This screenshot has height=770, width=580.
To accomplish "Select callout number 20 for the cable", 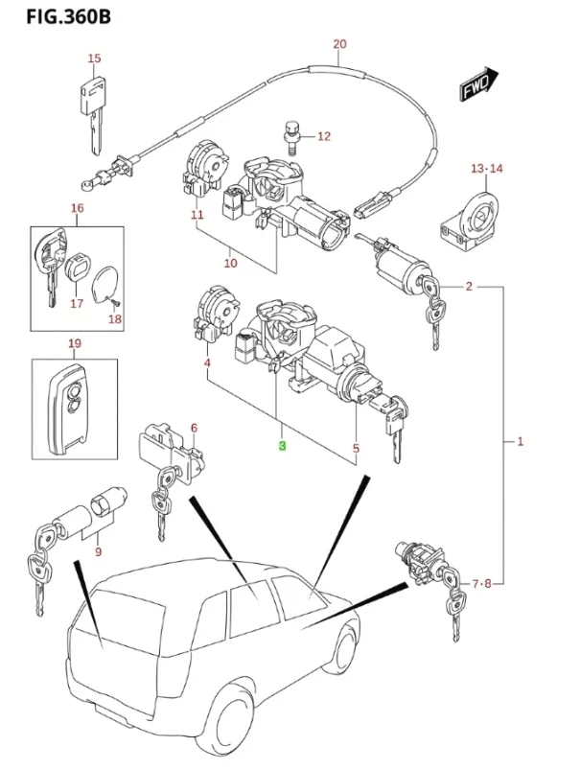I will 339,44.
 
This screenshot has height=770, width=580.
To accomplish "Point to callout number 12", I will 323,136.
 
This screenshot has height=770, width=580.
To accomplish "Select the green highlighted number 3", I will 282,447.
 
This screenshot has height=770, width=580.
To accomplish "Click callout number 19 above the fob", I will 75,344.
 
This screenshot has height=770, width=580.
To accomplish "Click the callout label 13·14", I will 487,169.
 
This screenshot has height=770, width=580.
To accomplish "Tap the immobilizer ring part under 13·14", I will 473,218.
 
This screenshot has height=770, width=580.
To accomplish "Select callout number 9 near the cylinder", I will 98,551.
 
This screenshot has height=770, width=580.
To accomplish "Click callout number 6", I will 194,428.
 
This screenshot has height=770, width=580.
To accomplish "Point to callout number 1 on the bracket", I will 520,442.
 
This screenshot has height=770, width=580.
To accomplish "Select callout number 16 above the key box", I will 78,208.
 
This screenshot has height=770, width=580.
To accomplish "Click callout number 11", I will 197,215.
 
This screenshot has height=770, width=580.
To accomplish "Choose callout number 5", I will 356,447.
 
